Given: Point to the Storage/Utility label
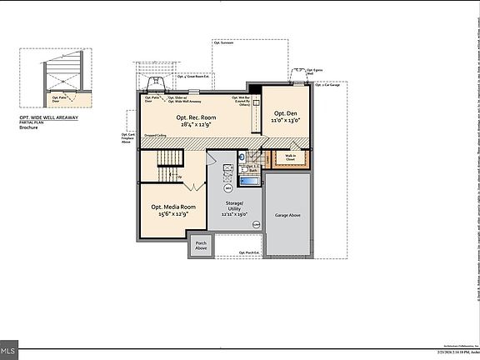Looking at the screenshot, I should pyautogui.click(x=234, y=205).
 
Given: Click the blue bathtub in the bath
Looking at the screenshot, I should pyautogui.click(x=249, y=179).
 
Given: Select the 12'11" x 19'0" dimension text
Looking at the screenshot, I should pyautogui.click(x=234, y=214).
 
